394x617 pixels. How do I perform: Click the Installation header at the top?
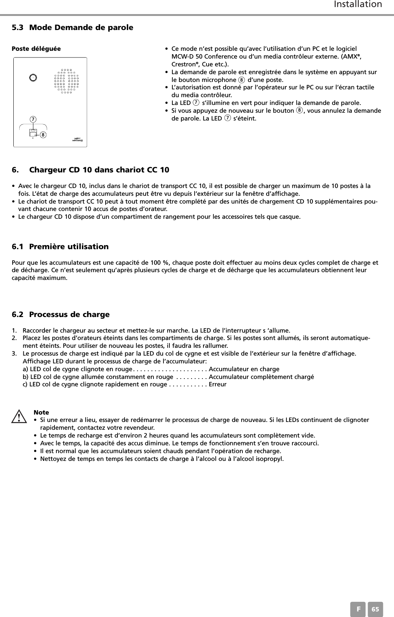357,5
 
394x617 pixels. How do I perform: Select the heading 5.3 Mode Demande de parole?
73,27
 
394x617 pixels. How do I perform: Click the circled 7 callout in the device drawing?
33,119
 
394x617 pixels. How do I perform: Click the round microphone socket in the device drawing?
33,77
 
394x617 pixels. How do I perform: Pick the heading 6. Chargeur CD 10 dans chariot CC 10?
91,170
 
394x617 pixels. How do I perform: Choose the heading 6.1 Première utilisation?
60,247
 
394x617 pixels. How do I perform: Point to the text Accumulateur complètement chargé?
261,377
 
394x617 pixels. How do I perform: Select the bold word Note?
41,412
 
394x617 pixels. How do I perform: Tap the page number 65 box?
376,610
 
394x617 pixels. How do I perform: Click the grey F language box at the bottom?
358,610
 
